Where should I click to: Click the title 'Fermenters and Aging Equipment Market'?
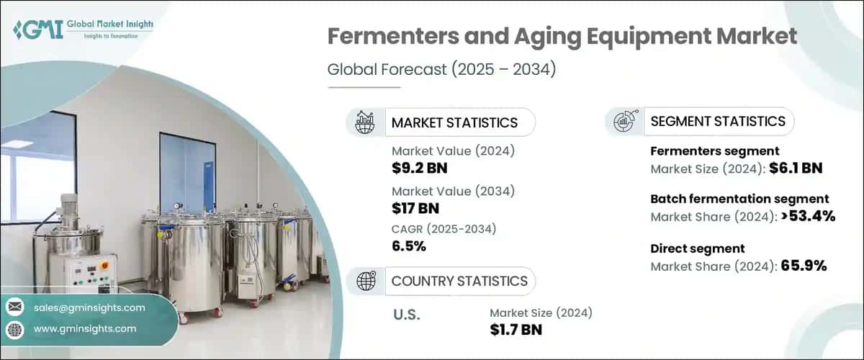point(562,37)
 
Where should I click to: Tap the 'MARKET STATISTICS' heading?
point(454,122)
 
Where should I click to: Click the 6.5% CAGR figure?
point(409,246)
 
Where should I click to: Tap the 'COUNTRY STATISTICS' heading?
point(459,281)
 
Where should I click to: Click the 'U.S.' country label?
point(408,314)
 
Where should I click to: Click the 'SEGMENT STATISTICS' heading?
point(718,121)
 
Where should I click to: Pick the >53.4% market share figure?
point(808,216)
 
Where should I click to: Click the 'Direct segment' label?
point(697,248)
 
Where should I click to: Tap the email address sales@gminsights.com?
point(89,307)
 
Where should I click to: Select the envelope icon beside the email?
point(14,307)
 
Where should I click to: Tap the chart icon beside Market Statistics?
point(364,122)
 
